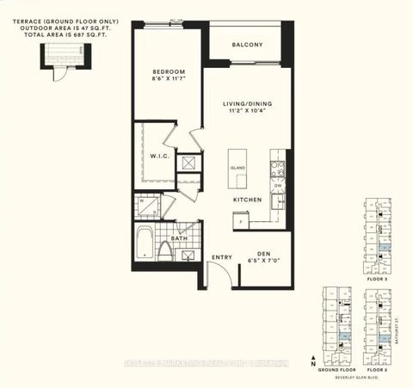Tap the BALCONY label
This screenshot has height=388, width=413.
pos(247,45)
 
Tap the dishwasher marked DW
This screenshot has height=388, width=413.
pos(277,184)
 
